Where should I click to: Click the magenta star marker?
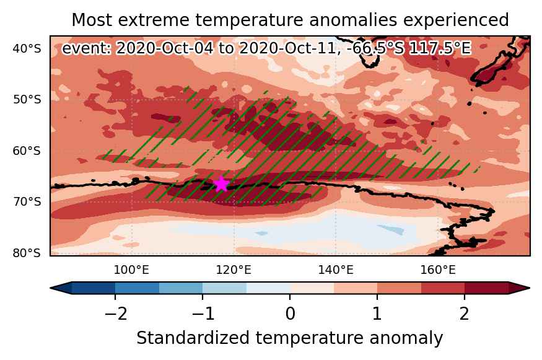221,183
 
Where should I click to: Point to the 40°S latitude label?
27,49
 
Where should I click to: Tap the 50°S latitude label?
27,100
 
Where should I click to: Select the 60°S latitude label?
27,151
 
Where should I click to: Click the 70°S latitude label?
27,201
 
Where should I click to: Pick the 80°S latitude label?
27,253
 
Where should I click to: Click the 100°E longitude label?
131,270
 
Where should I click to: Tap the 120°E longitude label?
234,270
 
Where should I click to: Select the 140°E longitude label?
336,270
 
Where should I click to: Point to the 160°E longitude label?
438,270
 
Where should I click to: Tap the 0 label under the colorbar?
291,314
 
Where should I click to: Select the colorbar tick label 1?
377,314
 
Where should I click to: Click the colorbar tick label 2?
464,314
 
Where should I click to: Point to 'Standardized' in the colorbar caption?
193,338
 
